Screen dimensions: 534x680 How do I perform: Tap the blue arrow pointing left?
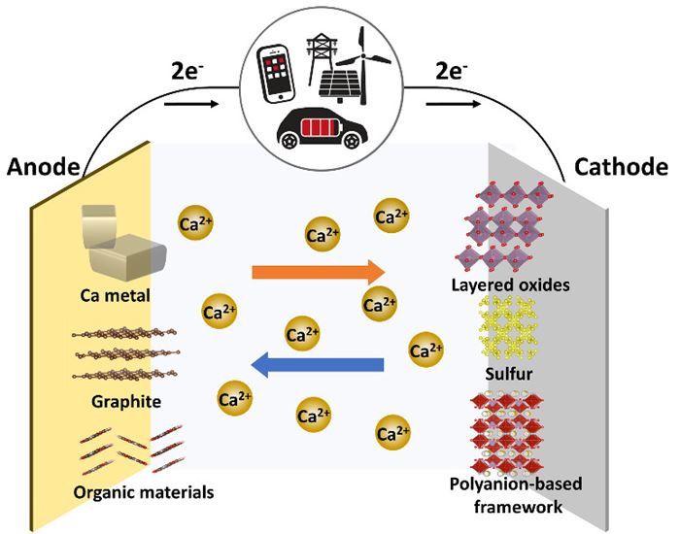pyautogui.click(x=318, y=364)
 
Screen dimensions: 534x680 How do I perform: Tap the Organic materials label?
pyautogui.click(x=129, y=491)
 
